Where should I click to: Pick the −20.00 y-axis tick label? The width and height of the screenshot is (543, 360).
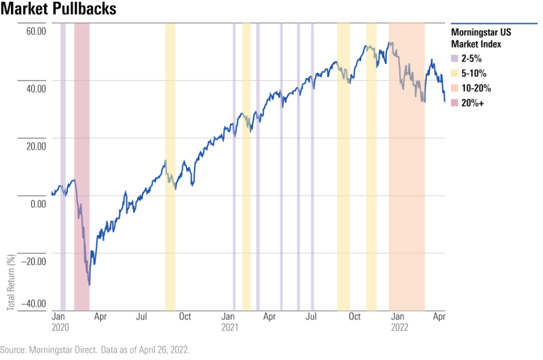point(34,261)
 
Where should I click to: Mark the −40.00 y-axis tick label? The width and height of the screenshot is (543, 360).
point(34,303)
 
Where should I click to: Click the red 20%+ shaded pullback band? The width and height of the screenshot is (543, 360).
point(82,123)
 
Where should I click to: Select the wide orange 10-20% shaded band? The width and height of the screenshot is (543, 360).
point(407,184)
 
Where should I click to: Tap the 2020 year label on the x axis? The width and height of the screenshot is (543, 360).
point(60,328)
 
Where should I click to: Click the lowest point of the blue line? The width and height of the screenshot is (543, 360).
point(90,285)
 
